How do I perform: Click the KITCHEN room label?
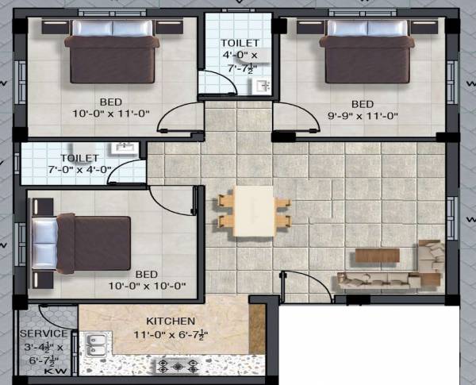[171, 321]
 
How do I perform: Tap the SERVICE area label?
[44, 333]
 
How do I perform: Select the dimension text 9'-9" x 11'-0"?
[362, 116]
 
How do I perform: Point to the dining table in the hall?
[250, 210]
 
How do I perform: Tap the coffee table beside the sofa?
[377, 256]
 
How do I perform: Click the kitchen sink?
[98, 345]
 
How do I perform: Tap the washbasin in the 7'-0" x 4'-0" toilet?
[124, 148]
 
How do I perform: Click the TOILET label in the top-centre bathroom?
[240, 42]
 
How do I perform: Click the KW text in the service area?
[54, 372]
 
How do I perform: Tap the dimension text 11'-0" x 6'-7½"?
[171, 333]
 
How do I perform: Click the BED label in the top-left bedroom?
[111, 101]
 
